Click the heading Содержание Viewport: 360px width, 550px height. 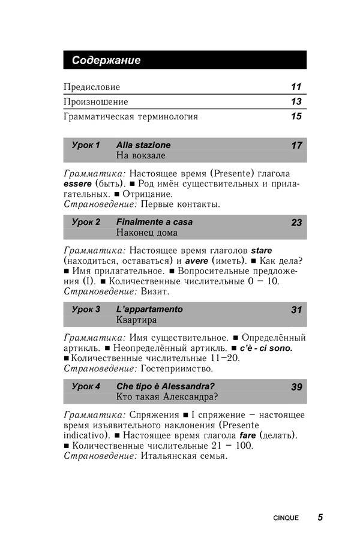coord(106,60)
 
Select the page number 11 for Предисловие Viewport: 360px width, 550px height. coord(296,87)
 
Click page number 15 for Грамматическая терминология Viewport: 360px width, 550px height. coord(296,116)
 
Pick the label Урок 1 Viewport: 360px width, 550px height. coord(86,145)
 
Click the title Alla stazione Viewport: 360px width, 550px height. coord(143,145)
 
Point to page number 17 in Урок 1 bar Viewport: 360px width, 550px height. coord(296,146)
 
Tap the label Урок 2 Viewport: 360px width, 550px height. coord(86,222)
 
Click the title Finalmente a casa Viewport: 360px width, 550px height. coord(154,222)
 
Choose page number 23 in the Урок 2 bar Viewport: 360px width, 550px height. coord(296,223)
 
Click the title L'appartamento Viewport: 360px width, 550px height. coord(149,309)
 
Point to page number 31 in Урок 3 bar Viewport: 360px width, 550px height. coord(296,310)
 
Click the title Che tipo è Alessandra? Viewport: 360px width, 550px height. coord(166,386)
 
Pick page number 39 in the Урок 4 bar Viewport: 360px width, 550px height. coord(296,387)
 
